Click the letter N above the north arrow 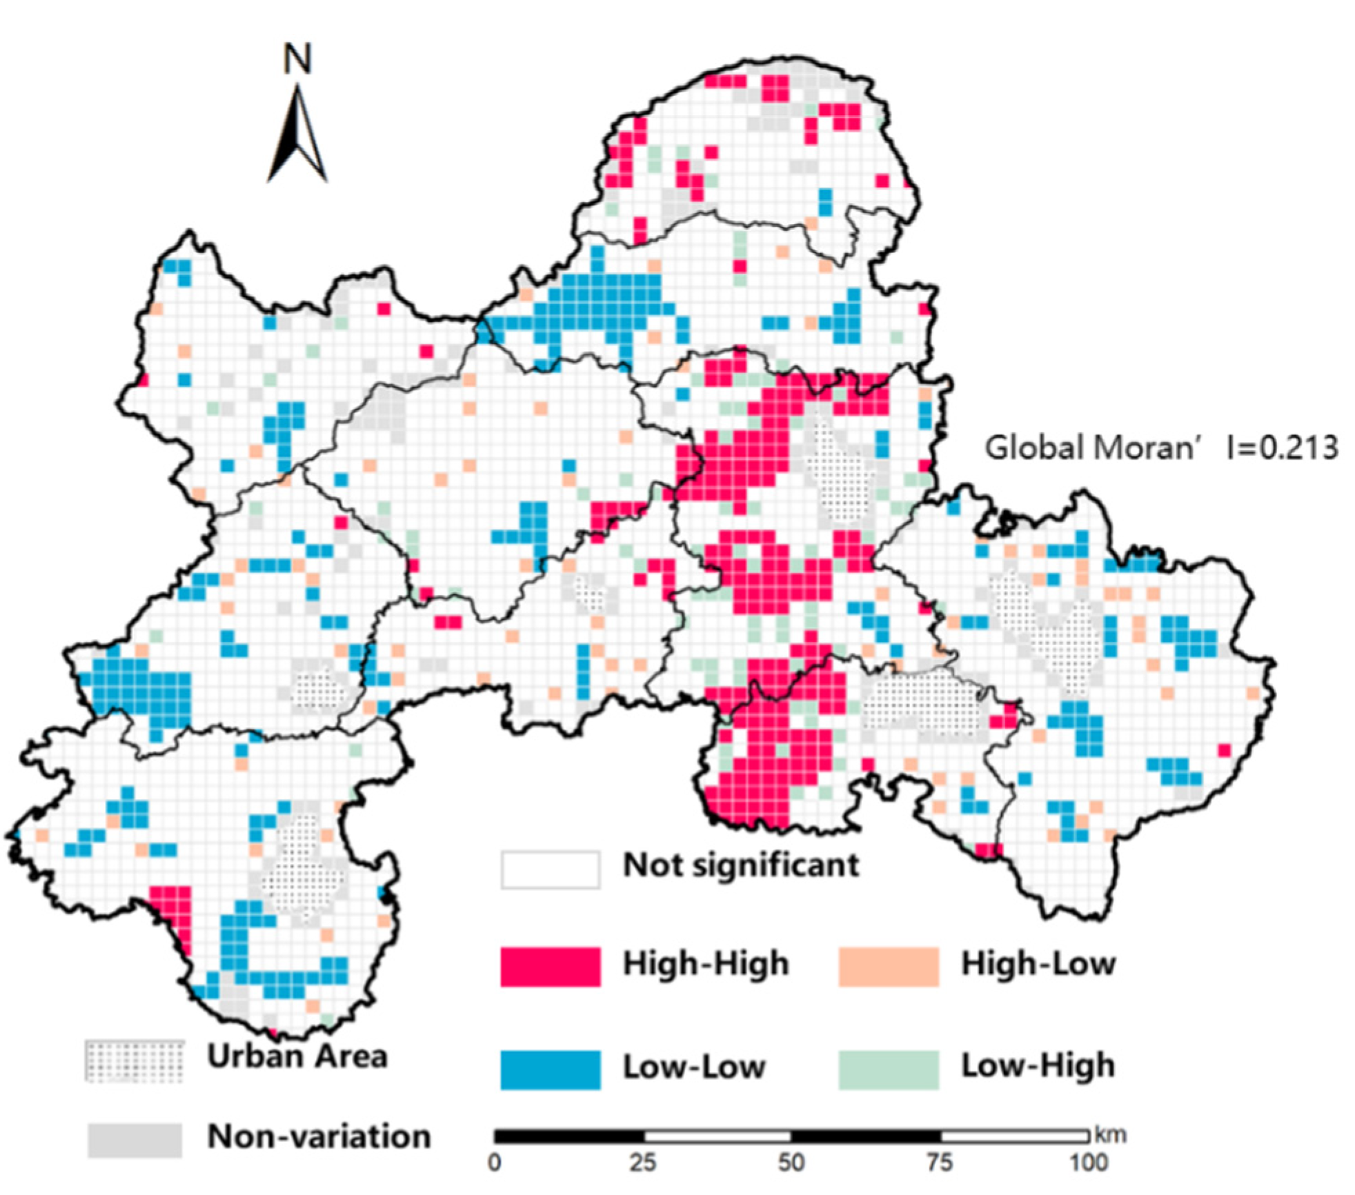point(297,59)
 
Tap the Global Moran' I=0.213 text point(1161,448)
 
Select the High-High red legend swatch point(550,966)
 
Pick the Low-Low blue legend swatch point(550,1070)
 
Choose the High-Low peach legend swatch point(889,966)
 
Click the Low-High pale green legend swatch point(889,1070)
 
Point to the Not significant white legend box point(550,869)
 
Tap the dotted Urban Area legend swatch point(135,1061)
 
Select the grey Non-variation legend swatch point(135,1139)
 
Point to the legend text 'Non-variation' point(319,1136)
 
